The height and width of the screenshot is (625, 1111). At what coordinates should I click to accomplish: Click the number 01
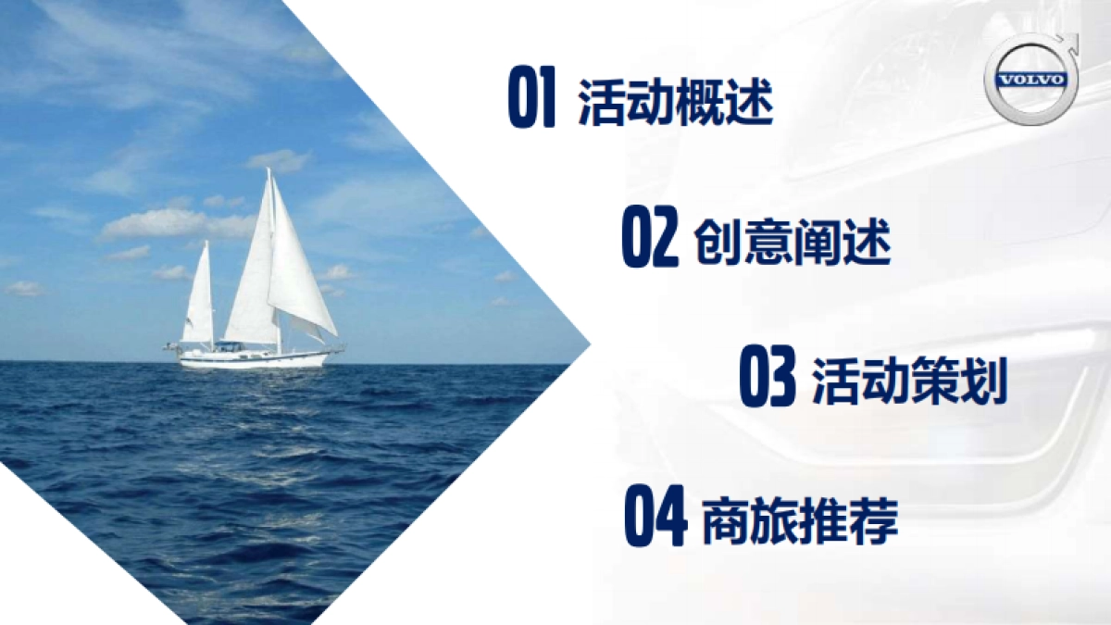tap(531, 99)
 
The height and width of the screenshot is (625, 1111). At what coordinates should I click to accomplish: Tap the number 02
tap(649, 239)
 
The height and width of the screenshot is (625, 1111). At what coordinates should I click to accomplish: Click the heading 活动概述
tap(675, 103)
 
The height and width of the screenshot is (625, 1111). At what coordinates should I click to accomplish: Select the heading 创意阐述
tap(792, 243)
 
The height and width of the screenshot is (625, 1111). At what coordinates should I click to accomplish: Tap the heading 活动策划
tap(909, 381)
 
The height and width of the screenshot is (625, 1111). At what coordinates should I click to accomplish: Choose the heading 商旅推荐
tap(800, 521)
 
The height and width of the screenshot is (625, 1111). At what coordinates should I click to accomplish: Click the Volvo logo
tap(1029, 78)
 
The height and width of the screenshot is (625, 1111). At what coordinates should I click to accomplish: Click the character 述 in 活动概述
tap(748, 103)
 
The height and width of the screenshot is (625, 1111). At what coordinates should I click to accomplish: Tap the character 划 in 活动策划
tap(983, 381)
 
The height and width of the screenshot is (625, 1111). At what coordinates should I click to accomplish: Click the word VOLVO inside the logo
tap(1029, 80)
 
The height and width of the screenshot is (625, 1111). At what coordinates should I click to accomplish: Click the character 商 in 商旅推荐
tap(725, 521)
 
